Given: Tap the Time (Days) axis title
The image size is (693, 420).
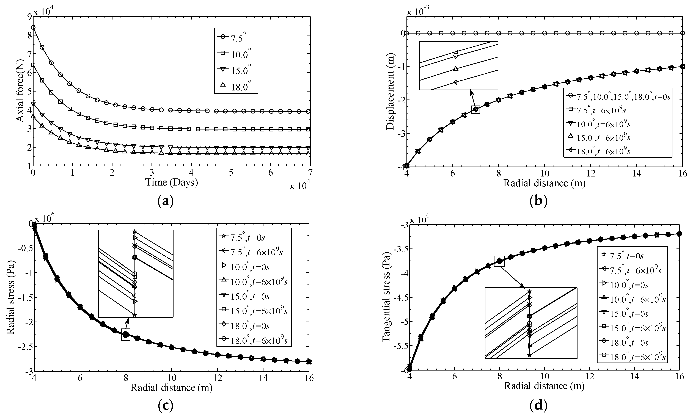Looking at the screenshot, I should coord(172,183).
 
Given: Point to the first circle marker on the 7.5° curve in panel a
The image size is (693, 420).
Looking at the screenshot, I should coord(33,27).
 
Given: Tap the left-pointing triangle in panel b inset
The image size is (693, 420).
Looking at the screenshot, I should coord(455,82).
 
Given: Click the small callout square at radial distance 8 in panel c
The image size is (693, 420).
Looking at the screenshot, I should coord(126,334).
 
